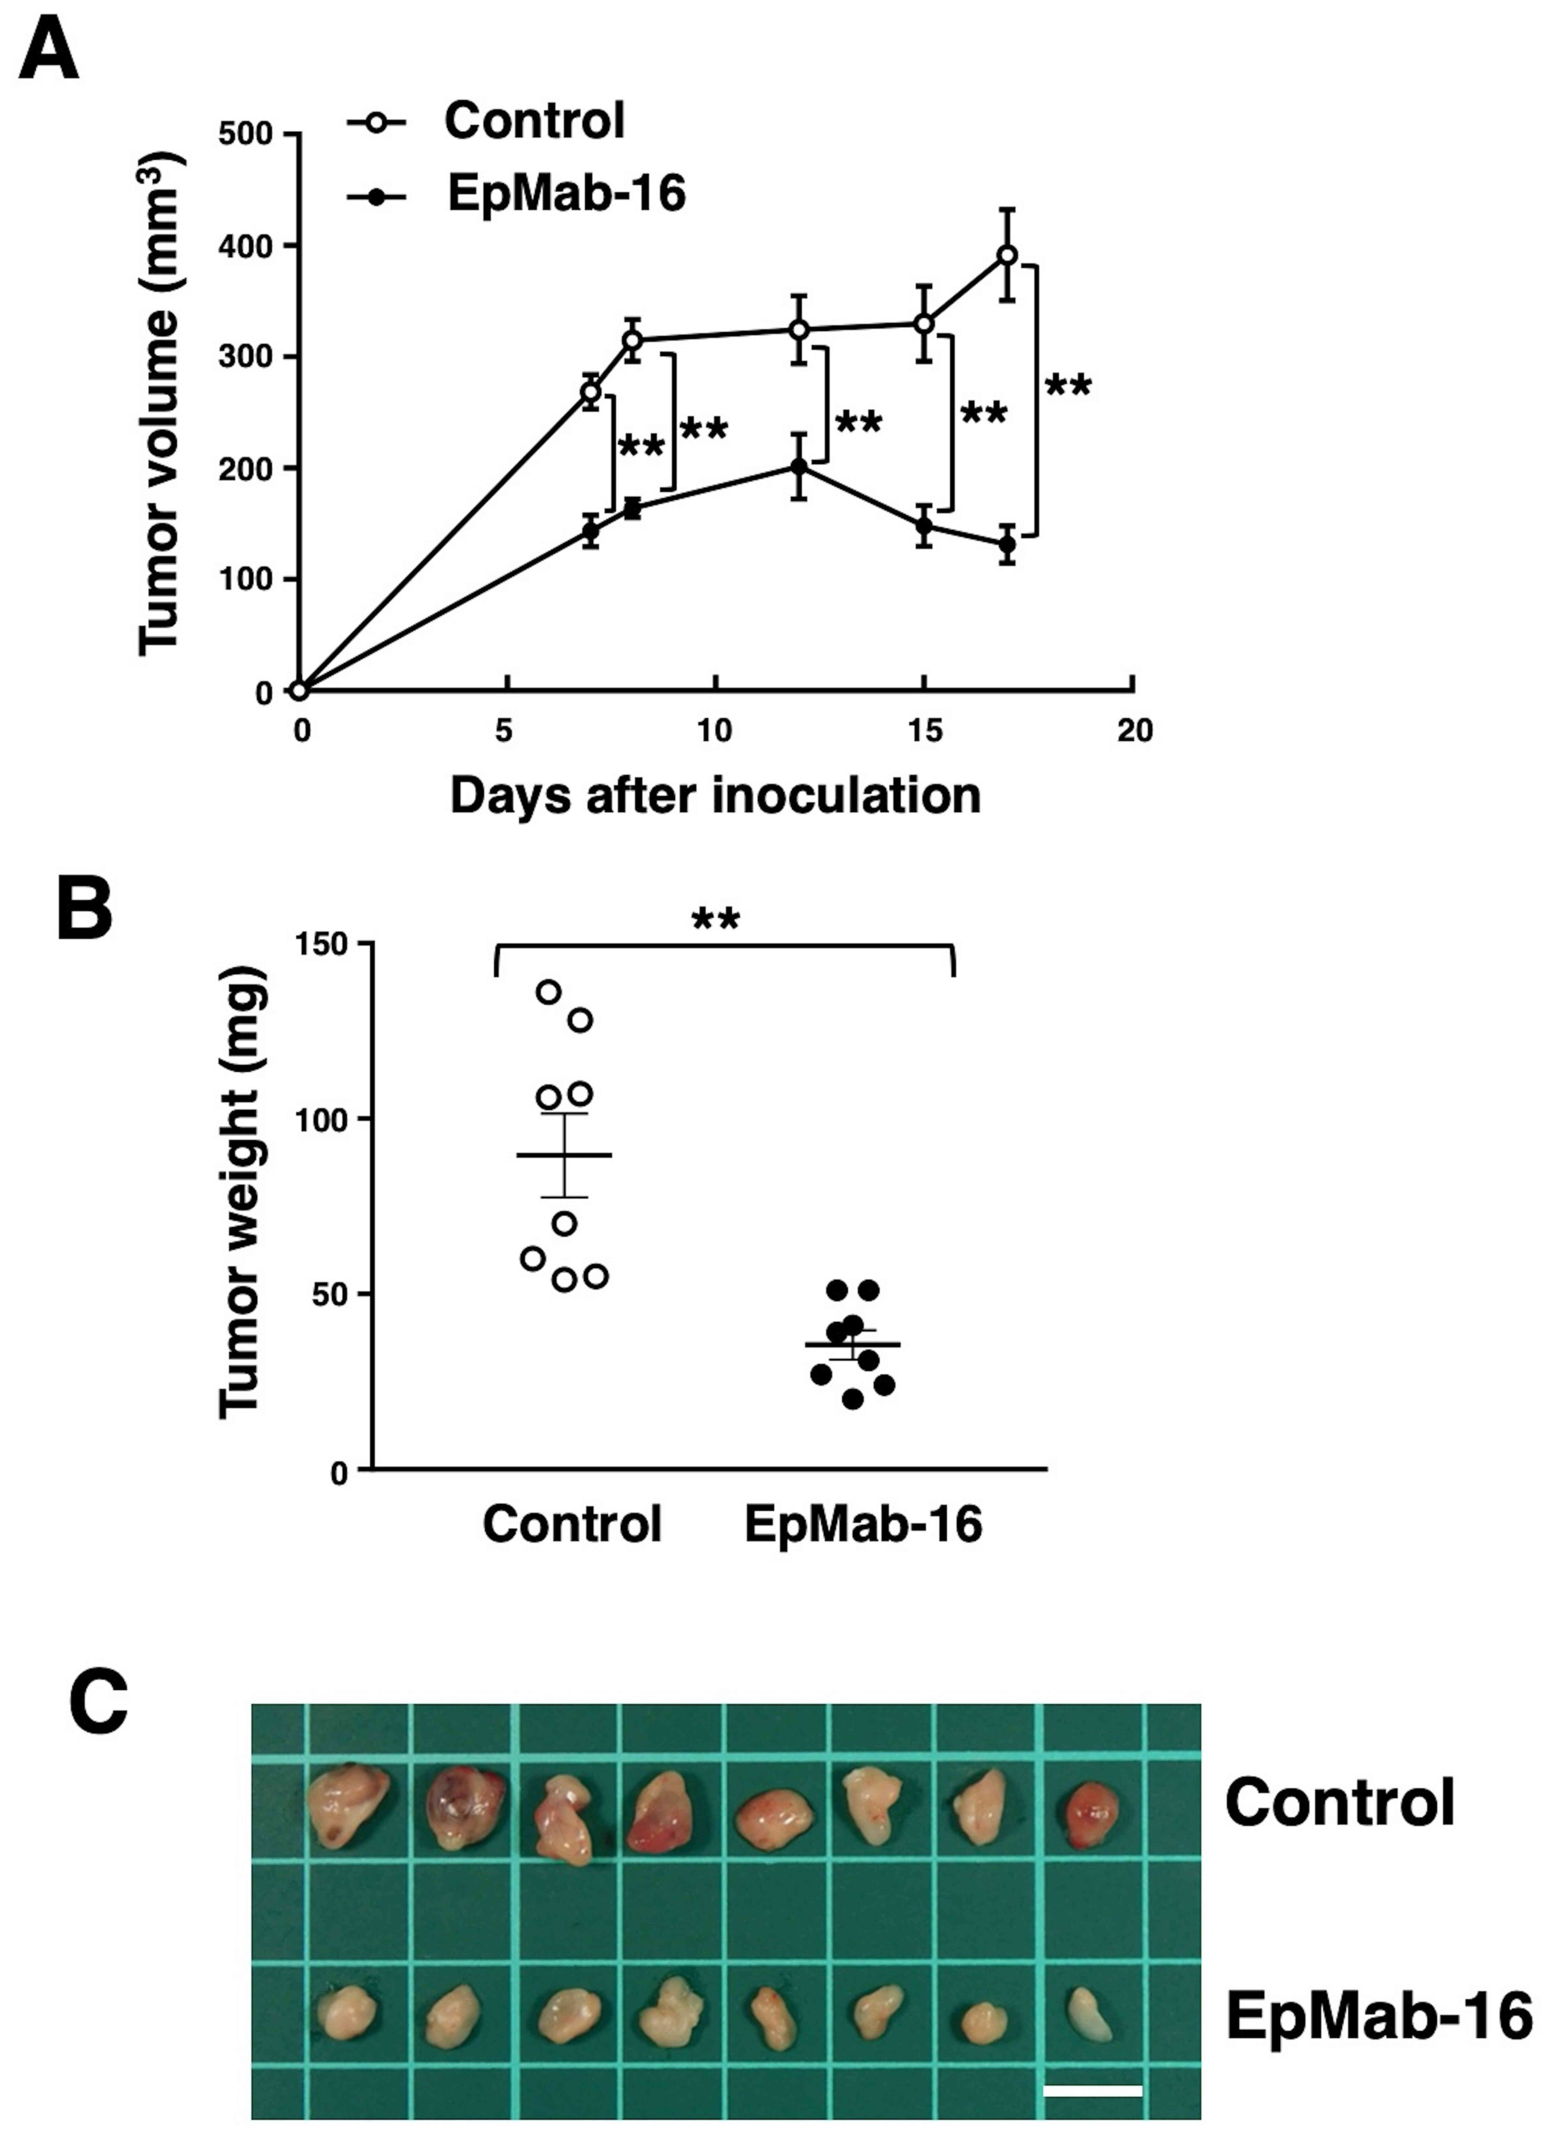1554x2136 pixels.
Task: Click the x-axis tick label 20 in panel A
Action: (1134, 732)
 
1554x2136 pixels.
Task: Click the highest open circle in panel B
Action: (549, 992)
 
